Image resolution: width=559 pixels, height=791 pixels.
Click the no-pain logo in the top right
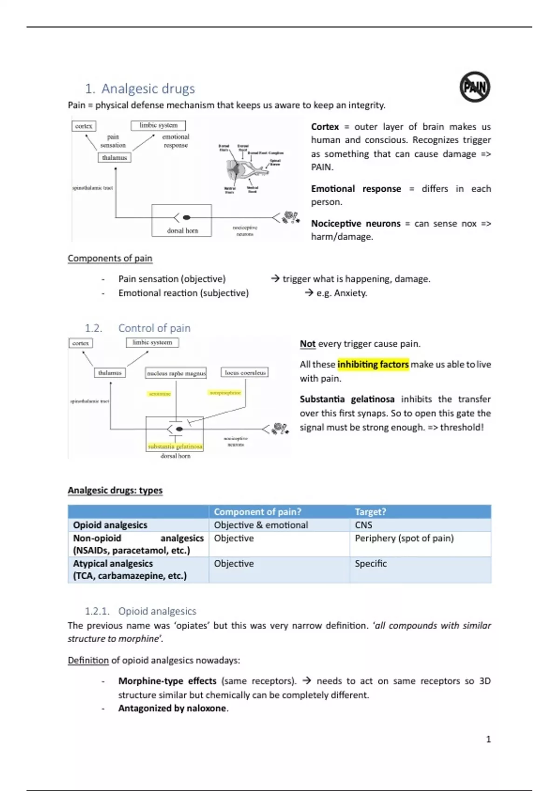475,87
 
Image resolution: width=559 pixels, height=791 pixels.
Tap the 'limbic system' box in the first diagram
158,125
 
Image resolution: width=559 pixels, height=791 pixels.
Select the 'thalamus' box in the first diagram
115,158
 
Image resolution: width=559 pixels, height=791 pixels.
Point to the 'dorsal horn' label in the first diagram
182,230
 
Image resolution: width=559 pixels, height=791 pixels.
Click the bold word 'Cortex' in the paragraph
325,127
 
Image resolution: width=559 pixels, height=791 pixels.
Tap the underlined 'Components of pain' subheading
110,258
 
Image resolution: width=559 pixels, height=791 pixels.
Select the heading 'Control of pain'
154,328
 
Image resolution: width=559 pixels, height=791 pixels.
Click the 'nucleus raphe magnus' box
176,373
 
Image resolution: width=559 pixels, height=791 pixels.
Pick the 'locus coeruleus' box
245,372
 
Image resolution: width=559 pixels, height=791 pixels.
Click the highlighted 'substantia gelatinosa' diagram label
175,446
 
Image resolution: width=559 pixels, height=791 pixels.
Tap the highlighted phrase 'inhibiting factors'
373,364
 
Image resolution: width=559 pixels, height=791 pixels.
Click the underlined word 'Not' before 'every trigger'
307,344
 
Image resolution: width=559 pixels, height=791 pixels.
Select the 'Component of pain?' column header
258,512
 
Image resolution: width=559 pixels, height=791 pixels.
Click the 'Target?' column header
370,512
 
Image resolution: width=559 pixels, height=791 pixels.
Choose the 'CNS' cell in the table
363,525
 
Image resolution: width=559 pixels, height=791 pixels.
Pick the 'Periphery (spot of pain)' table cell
404,538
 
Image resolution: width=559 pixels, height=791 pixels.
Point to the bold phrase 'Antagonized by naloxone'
172,708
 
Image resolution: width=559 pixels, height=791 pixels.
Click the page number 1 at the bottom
488,739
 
